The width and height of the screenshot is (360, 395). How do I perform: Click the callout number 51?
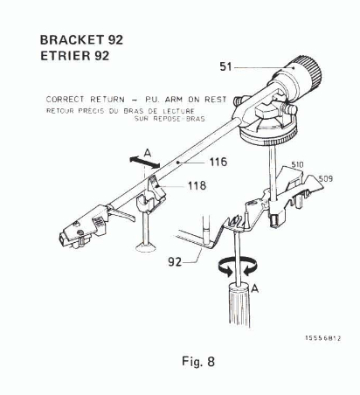click(225, 66)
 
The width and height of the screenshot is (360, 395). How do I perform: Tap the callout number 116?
click(218, 162)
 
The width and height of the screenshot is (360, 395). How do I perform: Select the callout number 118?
click(197, 185)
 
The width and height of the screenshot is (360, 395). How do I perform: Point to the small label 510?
click(297, 165)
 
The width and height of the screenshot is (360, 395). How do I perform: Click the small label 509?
click(325, 178)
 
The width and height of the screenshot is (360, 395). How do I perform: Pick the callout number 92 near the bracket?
click(175, 262)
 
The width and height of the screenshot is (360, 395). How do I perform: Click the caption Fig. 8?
click(198, 362)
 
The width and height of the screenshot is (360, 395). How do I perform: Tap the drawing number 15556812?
click(323, 338)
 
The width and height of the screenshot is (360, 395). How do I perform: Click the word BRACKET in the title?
click(72, 40)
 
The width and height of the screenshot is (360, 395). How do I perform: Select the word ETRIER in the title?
click(66, 56)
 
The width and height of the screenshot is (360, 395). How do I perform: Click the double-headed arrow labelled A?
click(145, 162)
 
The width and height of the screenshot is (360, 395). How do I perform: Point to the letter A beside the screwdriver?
click(254, 288)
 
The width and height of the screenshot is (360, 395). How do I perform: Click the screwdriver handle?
click(239, 305)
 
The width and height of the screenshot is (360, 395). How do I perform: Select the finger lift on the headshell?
click(122, 215)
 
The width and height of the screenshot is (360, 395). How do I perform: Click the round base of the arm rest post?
click(146, 247)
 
